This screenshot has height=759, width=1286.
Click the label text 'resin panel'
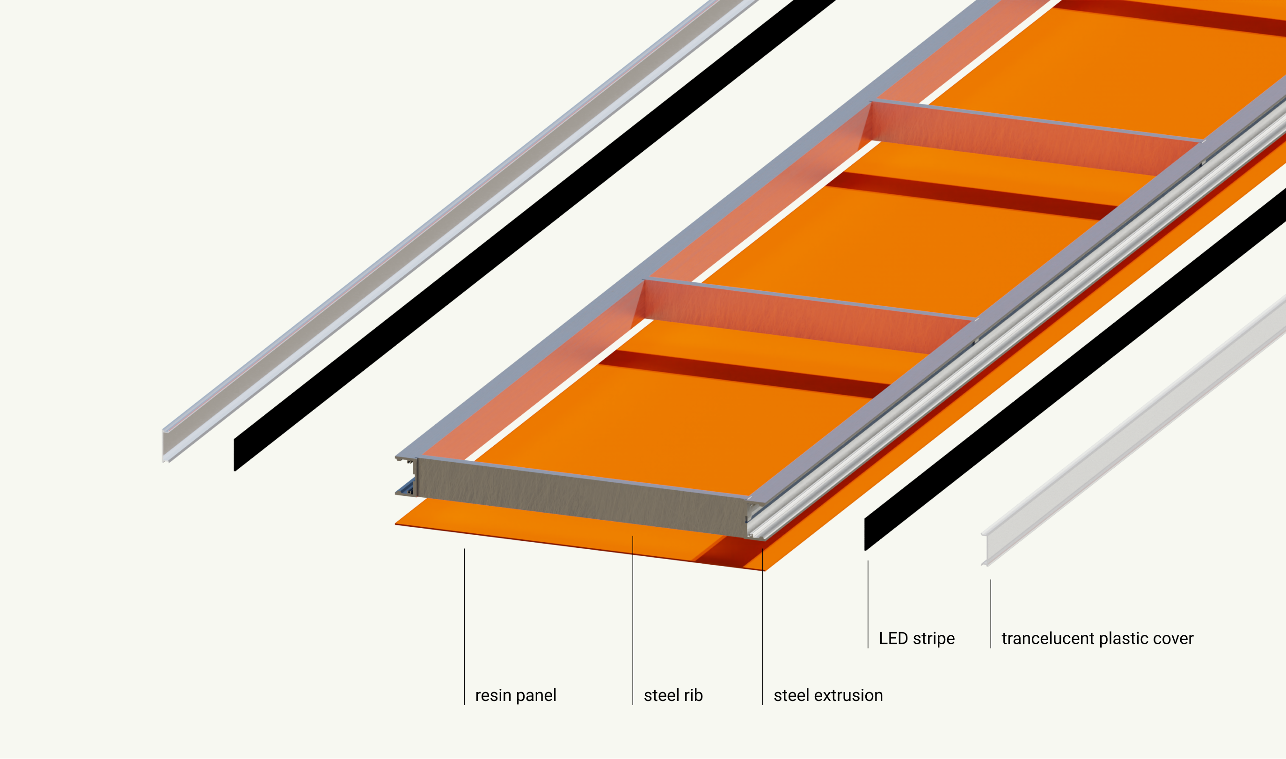coord(515,696)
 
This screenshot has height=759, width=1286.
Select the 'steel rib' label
coord(672,696)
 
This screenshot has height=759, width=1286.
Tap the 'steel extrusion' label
coord(828,696)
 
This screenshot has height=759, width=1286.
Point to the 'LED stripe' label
coord(916,639)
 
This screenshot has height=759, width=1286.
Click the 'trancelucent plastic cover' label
coord(1097,639)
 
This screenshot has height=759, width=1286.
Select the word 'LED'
coord(893,639)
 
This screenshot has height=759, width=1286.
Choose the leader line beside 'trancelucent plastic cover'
coord(991,614)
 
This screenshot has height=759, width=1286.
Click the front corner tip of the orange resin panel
coord(764,569)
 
